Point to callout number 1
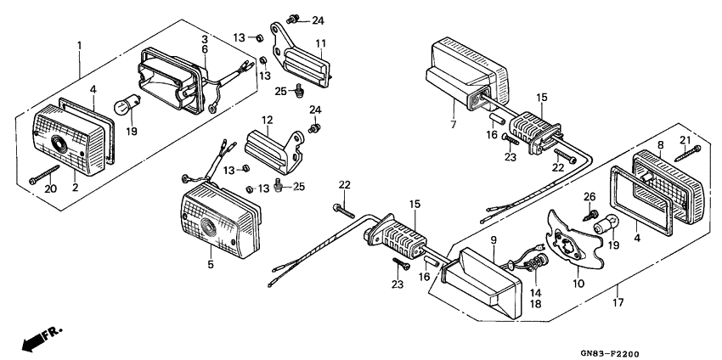click(79, 43)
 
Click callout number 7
click(453, 125)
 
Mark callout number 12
click(266, 120)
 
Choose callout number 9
click(492, 240)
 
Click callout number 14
click(538, 291)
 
